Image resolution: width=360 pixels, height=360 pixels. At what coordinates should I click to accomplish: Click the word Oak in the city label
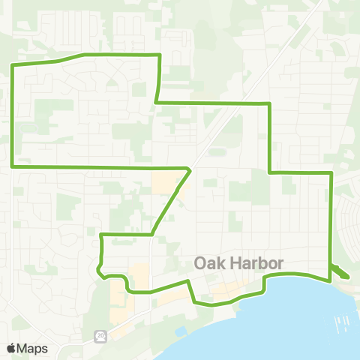point(209,264)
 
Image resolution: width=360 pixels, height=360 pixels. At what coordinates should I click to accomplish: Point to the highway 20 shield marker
point(100,337)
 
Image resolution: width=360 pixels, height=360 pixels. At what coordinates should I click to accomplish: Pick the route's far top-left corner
point(12,67)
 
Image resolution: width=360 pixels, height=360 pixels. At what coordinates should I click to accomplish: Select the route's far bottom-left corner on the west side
point(12,166)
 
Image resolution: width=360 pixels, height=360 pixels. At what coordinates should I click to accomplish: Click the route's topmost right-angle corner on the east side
point(268,103)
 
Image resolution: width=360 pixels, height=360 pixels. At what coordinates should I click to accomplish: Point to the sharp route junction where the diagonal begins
point(190,169)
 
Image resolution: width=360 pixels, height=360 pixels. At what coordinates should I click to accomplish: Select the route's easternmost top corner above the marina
point(331,173)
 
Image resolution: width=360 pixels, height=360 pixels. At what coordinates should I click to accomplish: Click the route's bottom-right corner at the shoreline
point(329,280)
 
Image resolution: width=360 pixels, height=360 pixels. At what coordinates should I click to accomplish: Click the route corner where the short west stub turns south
point(101,235)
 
